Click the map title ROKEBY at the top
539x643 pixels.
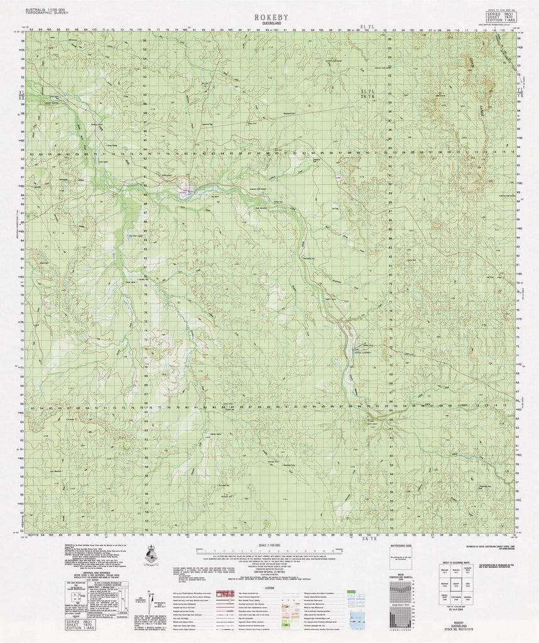pos(271,18)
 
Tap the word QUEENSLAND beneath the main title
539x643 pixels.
pos(271,25)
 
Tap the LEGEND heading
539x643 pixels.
pos(268,586)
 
